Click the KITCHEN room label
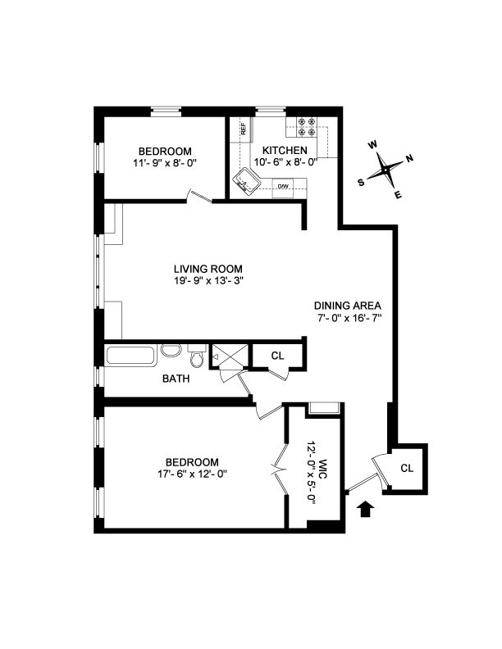(x=285, y=151)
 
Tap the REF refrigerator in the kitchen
(x=244, y=129)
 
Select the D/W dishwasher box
(x=283, y=187)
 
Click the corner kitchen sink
(x=244, y=179)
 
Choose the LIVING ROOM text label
(x=208, y=269)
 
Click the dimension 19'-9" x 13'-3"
(x=208, y=281)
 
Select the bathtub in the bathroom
(x=130, y=356)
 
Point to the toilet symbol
(x=197, y=358)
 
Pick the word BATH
(x=176, y=379)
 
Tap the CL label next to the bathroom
(x=278, y=356)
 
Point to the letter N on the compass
(x=409, y=159)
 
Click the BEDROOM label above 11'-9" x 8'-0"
(x=165, y=151)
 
